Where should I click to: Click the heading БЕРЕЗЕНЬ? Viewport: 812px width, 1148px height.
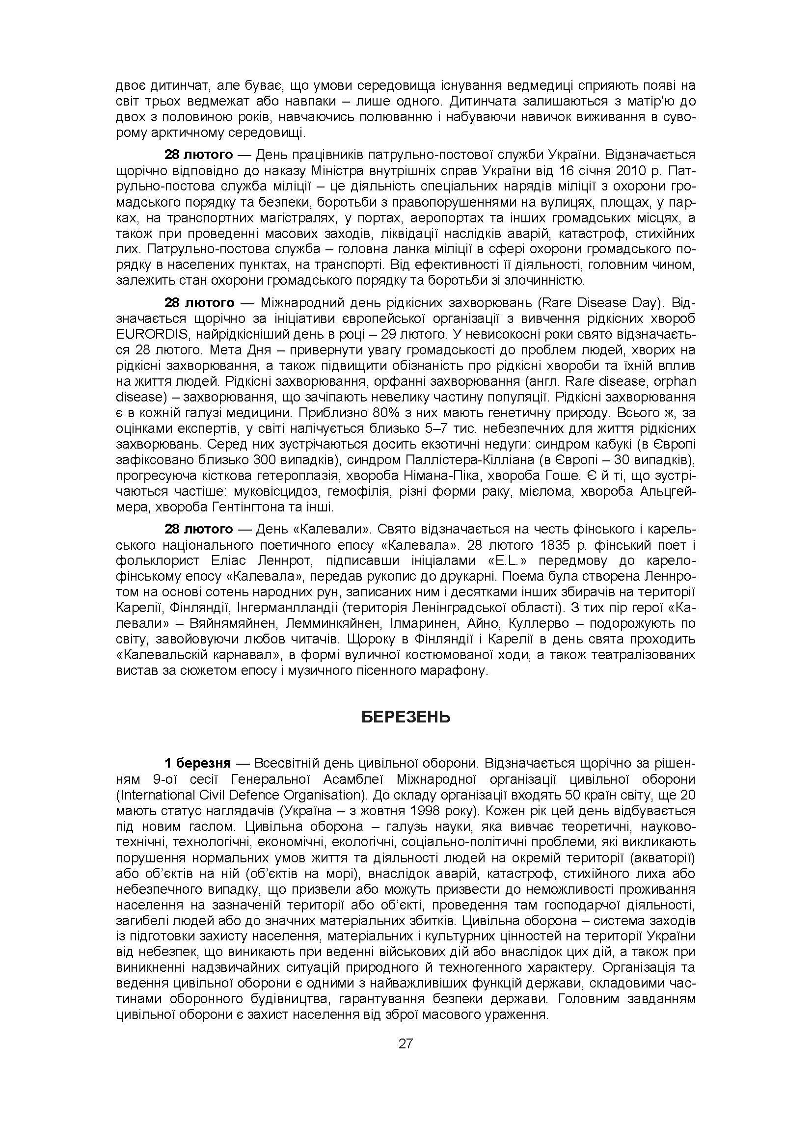406,718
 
